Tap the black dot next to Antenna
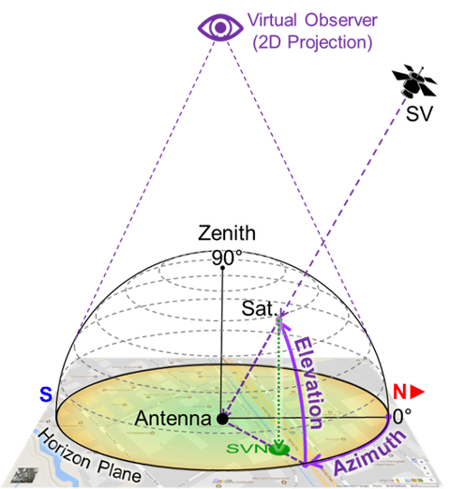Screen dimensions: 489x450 point(221,418)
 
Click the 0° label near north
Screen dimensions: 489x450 point(403,414)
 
